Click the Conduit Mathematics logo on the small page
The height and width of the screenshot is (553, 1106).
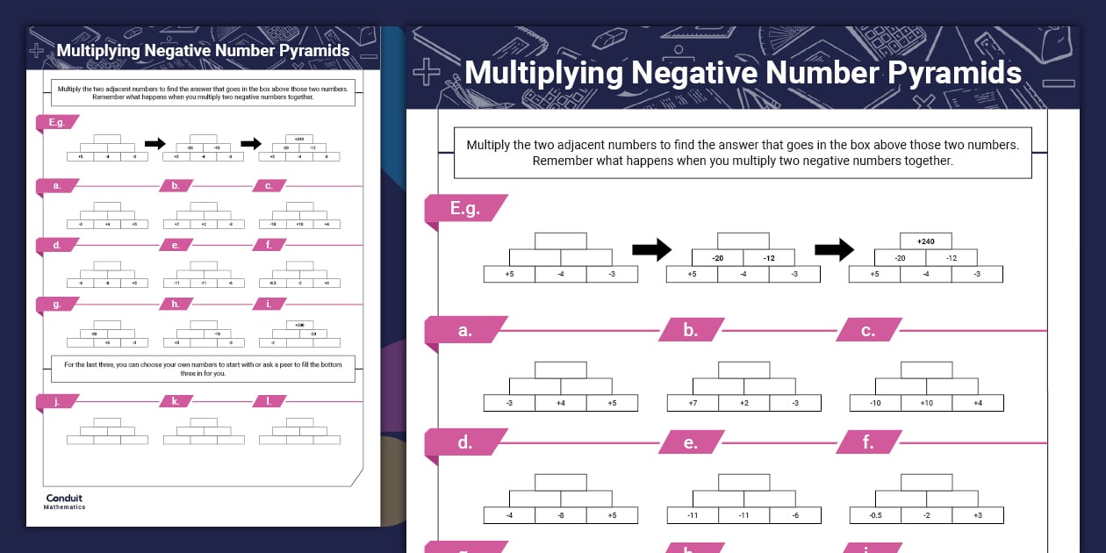(x=65, y=501)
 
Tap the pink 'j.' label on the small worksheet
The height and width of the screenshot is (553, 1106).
(x=57, y=401)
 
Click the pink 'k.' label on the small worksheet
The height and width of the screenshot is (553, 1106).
(x=176, y=401)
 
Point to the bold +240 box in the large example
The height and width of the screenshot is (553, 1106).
(x=925, y=241)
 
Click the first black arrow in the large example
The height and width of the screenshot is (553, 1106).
(x=651, y=250)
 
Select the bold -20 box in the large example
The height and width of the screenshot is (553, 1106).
(x=717, y=258)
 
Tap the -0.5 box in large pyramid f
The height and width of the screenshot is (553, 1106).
(x=875, y=515)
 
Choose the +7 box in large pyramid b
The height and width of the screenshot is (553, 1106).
(x=693, y=403)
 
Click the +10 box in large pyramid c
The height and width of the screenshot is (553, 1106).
(x=926, y=403)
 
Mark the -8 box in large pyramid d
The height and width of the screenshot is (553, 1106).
(x=561, y=515)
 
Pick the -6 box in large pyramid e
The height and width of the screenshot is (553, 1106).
(x=795, y=515)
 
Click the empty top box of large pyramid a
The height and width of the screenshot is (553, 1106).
(x=561, y=370)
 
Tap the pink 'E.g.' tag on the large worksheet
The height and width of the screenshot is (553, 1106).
(x=464, y=209)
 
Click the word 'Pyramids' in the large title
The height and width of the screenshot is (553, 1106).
(x=952, y=72)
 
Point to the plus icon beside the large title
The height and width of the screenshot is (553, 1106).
(x=426, y=73)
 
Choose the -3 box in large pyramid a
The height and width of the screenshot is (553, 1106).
(x=509, y=403)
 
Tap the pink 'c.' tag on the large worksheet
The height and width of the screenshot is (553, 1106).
(x=868, y=331)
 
